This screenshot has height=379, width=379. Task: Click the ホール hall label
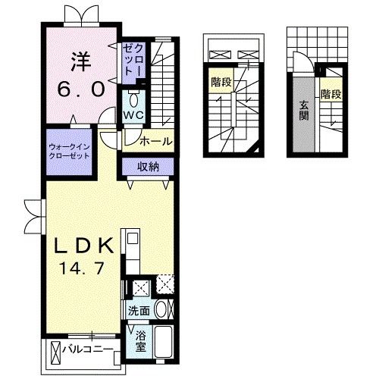[156, 140]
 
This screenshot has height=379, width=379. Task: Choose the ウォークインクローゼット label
[69, 149]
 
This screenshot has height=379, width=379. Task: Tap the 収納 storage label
[148, 167]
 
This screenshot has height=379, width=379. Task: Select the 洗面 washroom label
[138, 310]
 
